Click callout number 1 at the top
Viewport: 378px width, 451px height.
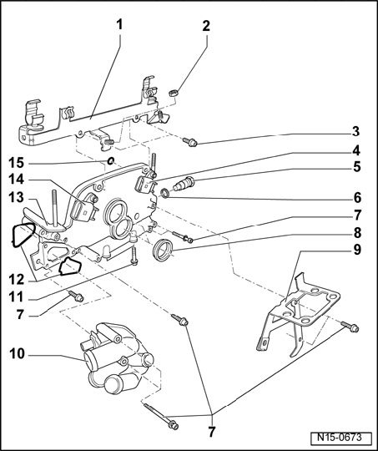pos(119,24)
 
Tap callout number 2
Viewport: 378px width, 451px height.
pos(206,26)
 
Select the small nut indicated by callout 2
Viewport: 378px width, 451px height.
pos(173,93)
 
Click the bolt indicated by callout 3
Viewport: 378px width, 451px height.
pos(190,142)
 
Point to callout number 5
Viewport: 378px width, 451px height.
pos(356,167)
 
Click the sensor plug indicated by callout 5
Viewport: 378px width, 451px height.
pos(184,183)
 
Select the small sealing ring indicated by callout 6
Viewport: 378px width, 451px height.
pos(164,193)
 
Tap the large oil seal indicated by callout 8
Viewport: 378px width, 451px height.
pos(163,250)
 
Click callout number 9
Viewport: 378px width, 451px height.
pos(356,250)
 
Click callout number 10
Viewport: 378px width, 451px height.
pos(17,353)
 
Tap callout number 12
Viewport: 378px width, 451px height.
pos(17,279)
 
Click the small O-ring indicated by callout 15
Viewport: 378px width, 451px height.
pos(111,161)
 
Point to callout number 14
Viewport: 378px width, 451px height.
pos(17,180)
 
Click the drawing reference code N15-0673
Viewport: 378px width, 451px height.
pos(339,438)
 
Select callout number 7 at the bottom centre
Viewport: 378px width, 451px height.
pos(212,432)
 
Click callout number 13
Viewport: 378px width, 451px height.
pos(16,198)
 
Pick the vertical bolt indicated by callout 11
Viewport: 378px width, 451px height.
pos(134,255)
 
